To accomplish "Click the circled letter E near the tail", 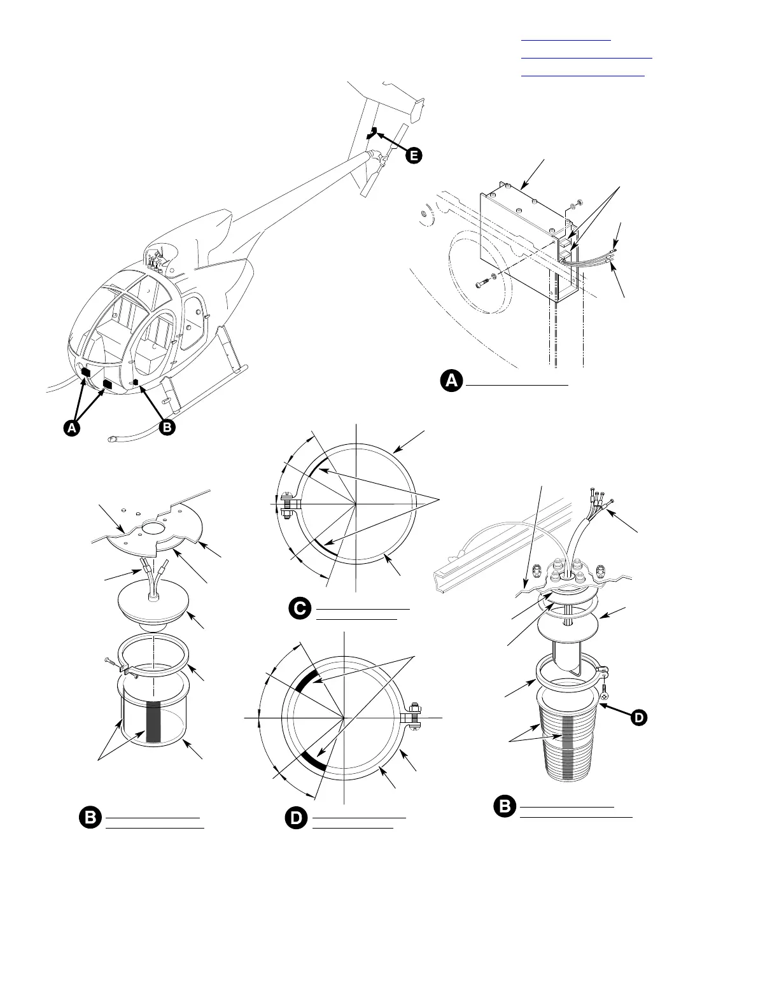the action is (414, 155).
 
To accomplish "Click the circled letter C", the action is (300, 608).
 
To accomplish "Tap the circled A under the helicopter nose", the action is (72, 428).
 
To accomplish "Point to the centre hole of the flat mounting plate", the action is (152, 528).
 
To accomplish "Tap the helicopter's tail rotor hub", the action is (381, 156).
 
